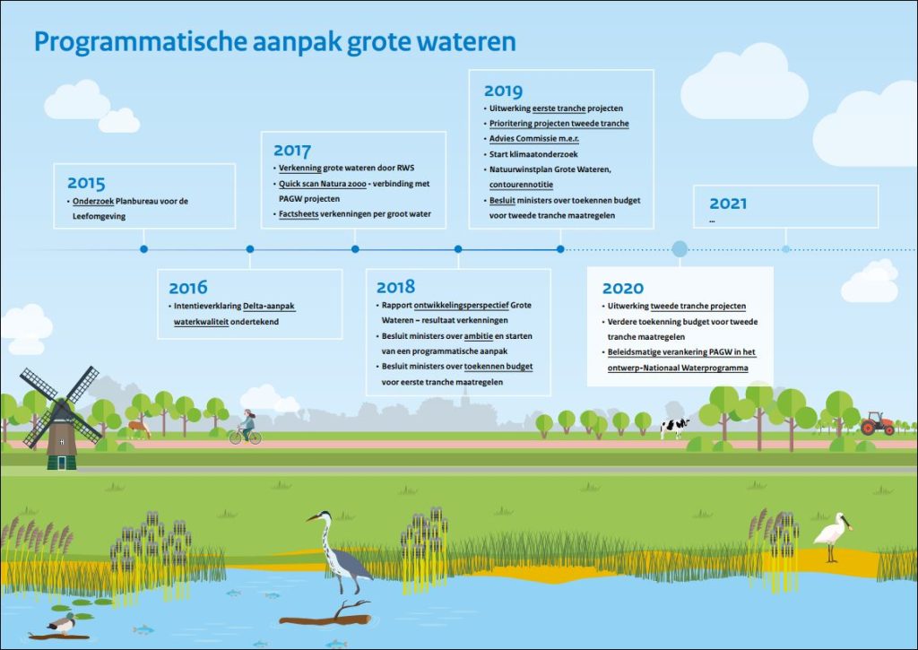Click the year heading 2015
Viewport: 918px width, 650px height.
(86, 183)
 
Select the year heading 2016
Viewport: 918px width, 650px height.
(188, 288)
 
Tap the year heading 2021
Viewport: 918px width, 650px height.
(728, 204)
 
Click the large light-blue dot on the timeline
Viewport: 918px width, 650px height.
(680, 249)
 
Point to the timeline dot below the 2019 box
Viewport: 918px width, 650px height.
(560, 249)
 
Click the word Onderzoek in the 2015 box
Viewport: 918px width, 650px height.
(93, 202)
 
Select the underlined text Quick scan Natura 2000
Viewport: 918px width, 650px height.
(323, 184)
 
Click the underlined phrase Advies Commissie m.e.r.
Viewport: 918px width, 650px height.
(534, 139)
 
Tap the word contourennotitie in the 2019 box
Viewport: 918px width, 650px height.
(521, 185)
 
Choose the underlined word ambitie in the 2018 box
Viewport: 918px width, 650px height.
(479, 336)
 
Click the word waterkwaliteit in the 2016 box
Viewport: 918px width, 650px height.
(201, 322)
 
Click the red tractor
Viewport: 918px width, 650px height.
(877, 423)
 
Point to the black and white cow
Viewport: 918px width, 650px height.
(674, 427)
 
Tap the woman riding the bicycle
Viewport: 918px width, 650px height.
(246, 427)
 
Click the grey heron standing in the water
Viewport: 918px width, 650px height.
(340, 551)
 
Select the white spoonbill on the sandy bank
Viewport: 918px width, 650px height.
(832, 536)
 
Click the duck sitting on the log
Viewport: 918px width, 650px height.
(61, 624)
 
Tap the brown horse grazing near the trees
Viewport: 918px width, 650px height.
(139, 428)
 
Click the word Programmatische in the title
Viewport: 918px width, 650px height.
(139, 42)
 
